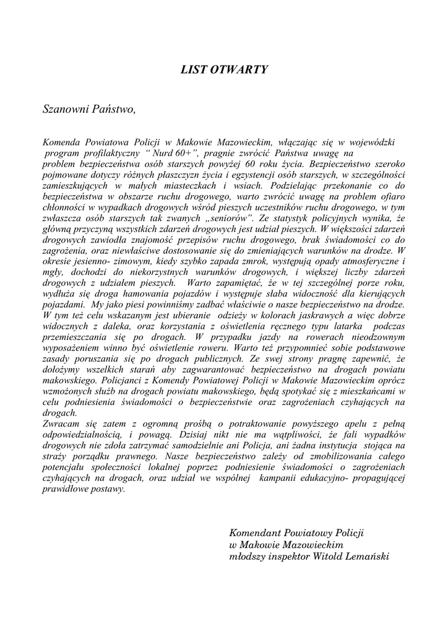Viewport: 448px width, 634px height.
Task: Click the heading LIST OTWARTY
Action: [224, 69]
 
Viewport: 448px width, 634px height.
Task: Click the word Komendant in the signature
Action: [254, 533]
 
